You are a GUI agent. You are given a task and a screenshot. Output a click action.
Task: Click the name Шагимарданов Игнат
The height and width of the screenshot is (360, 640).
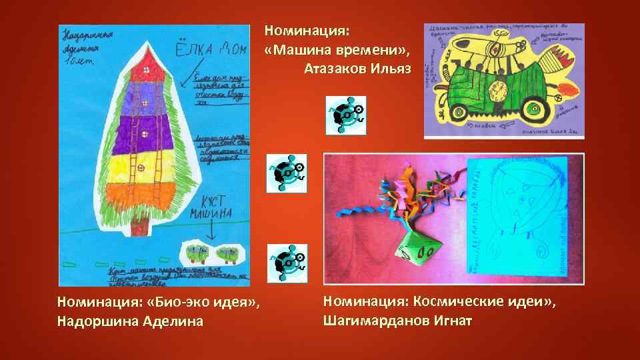397,321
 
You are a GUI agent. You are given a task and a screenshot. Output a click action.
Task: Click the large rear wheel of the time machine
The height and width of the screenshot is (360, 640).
538,107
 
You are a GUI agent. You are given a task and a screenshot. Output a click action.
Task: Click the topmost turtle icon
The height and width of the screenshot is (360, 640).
345,115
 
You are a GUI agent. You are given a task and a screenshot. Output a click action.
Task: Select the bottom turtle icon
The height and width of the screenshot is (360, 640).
287,262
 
